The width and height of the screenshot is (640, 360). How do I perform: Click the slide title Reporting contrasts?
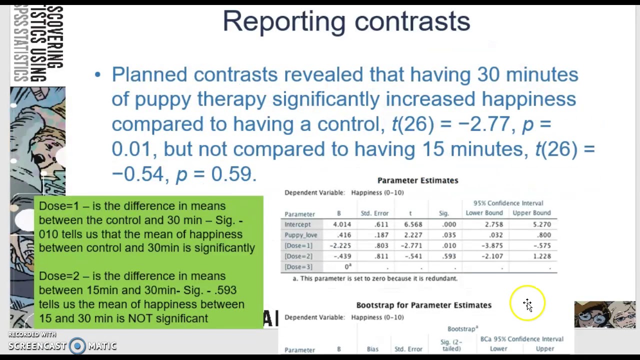346,21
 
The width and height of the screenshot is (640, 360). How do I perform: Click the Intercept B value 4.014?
342,224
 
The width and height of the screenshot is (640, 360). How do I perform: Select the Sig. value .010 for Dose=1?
449,245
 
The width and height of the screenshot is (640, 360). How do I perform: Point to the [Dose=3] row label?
298,267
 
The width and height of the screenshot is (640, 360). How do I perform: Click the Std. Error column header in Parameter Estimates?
374,213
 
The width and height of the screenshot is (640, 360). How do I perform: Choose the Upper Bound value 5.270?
541,224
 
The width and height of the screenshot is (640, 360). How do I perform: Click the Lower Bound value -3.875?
493,245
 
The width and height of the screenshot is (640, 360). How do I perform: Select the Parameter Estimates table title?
417,180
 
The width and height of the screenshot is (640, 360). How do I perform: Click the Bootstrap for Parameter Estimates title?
423,305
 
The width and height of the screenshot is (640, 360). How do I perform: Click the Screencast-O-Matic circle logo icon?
77,346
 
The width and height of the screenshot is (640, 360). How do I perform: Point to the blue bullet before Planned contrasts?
97,75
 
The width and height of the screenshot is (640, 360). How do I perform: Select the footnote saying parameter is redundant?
375,278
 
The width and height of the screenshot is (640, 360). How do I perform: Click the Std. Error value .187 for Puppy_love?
381,235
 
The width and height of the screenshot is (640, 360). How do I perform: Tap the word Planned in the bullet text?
149,75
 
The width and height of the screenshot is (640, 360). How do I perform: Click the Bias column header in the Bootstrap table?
372,349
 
